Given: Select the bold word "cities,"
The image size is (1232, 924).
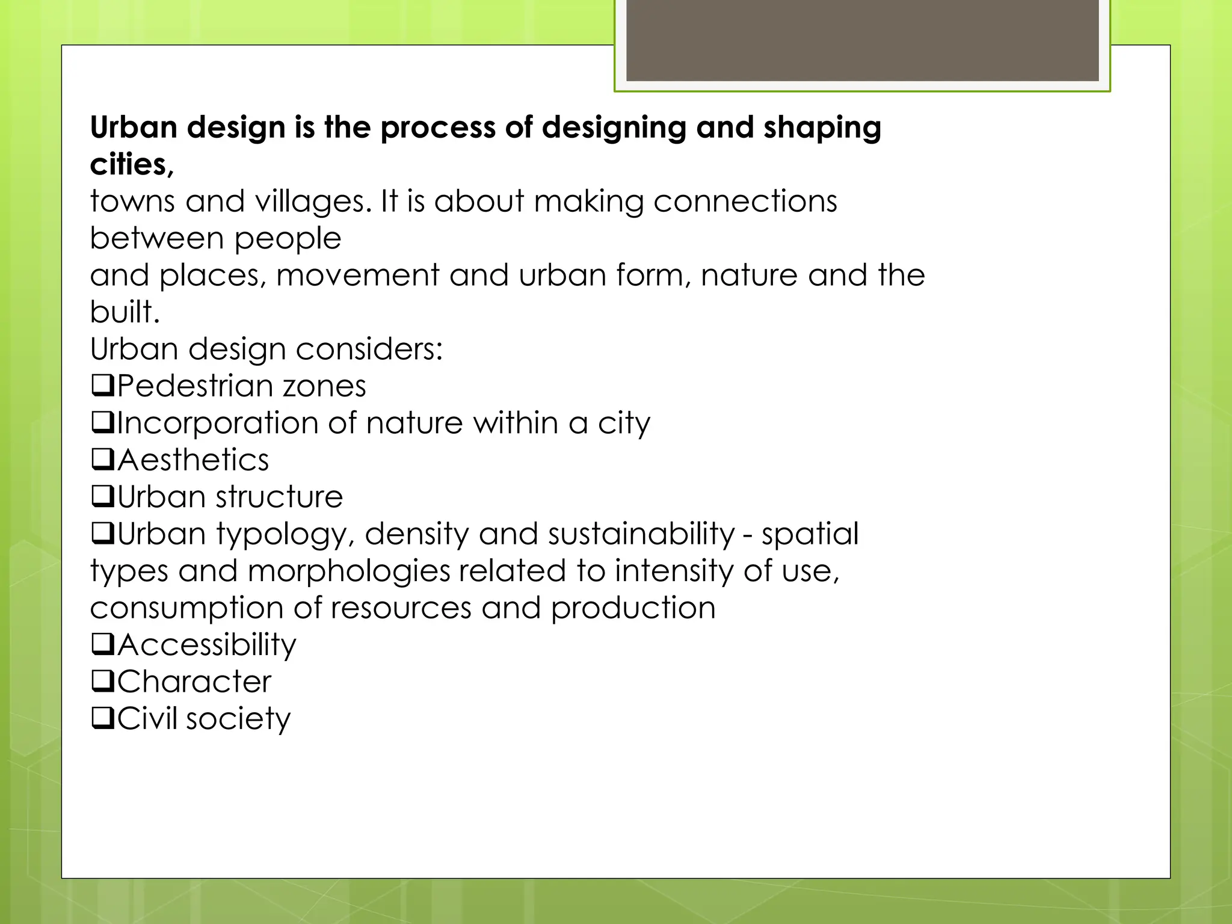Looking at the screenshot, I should (x=132, y=164).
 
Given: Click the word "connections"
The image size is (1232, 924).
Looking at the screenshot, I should (x=745, y=202).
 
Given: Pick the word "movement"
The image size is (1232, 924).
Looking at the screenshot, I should (x=357, y=276).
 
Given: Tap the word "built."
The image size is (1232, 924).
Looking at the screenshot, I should (x=125, y=312).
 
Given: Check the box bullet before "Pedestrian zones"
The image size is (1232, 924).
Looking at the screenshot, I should (x=103, y=386).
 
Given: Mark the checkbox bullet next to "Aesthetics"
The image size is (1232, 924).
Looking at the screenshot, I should (x=103, y=460).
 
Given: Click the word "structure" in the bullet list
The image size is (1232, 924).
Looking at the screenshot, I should (x=279, y=497).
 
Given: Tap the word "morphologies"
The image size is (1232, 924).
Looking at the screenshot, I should (x=348, y=571).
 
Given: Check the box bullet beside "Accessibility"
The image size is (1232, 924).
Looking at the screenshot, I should (x=103, y=644).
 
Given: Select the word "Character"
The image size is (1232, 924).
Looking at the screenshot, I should (x=194, y=682).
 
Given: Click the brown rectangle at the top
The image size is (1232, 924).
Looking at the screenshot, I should (x=862, y=40).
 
